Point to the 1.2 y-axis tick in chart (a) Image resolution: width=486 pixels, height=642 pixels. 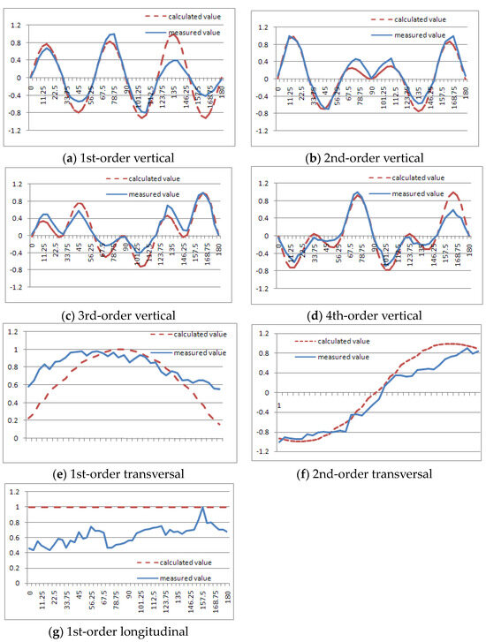(x=15, y=25)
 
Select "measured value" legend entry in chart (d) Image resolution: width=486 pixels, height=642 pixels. (x=423, y=193)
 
